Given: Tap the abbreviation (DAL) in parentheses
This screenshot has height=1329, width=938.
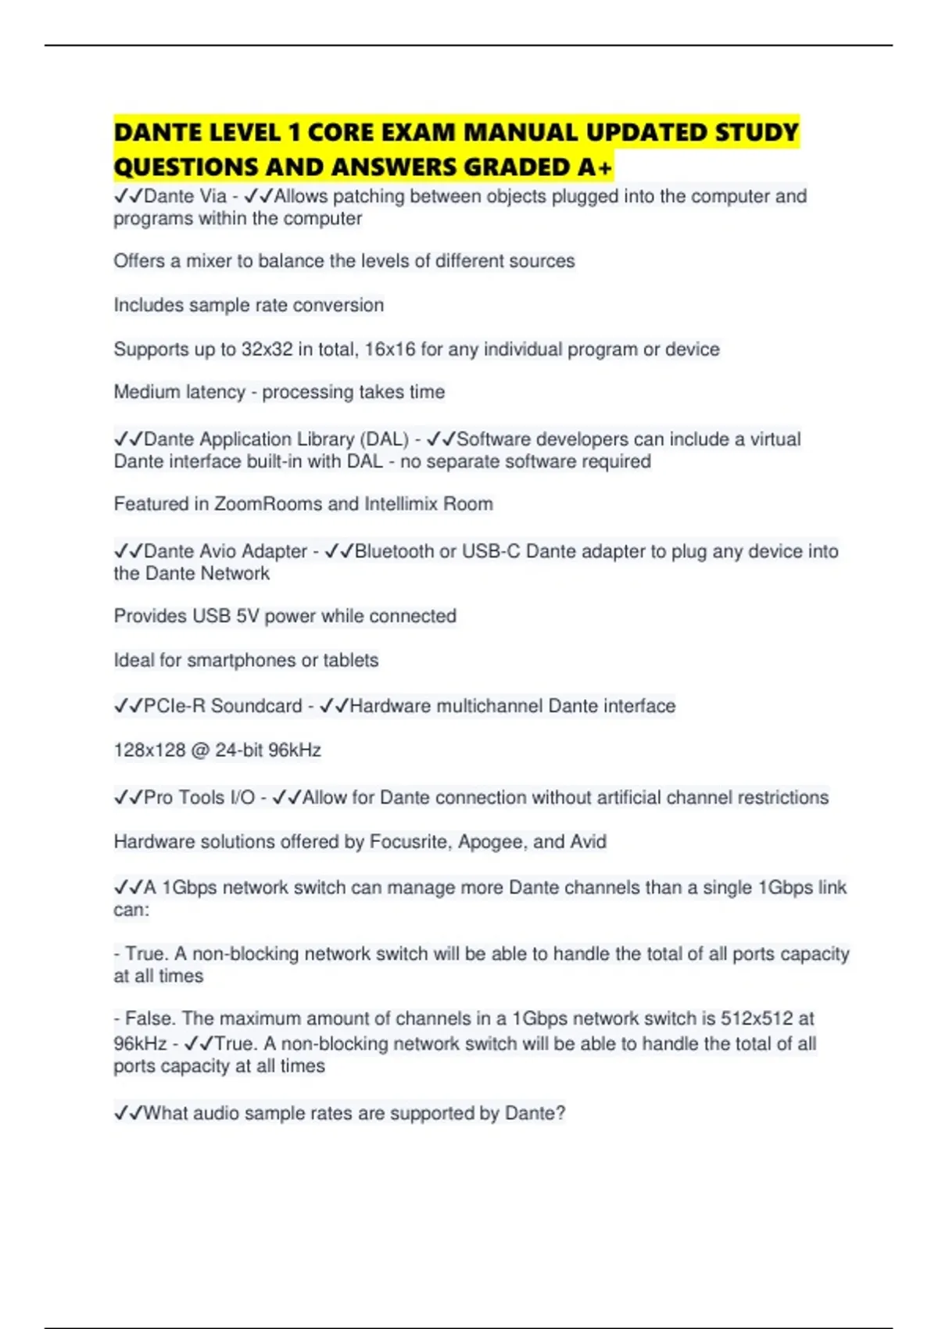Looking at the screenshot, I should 385,439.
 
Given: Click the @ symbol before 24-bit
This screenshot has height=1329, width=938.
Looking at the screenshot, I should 200,750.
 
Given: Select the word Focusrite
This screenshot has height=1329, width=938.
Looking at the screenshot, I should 410,841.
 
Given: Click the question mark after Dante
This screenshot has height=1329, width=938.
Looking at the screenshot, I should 560,1112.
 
